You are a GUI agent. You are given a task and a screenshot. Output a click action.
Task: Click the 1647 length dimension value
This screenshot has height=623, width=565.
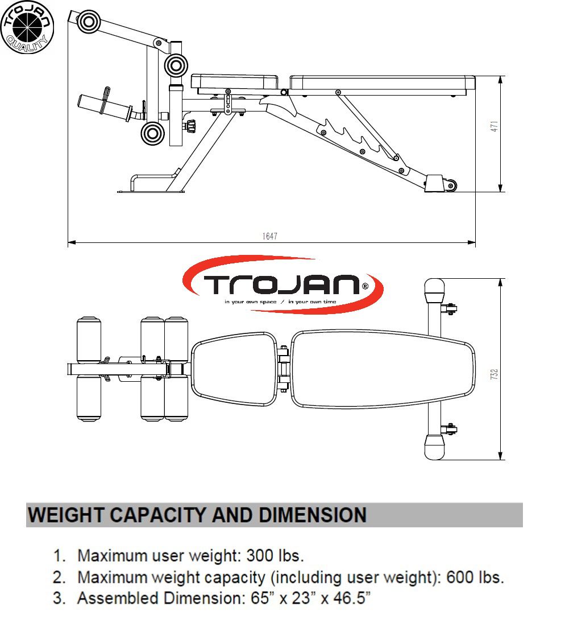pyautogui.click(x=270, y=236)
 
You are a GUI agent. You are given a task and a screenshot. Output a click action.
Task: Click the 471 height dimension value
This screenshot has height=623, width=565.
pyautogui.click(x=495, y=126)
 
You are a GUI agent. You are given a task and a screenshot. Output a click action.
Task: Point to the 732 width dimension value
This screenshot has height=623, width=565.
pyautogui.click(x=495, y=374)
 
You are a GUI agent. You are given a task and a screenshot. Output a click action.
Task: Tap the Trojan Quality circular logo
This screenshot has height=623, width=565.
pyautogui.click(x=27, y=27)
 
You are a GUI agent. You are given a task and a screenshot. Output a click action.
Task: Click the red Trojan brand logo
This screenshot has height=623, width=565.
pyautogui.click(x=282, y=284)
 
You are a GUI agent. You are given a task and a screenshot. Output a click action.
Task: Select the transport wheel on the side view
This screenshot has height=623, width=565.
pyautogui.click(x=452, y=184)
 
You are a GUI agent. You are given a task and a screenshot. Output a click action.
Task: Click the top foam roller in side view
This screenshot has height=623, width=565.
pyautogui.click(x=88, y=22)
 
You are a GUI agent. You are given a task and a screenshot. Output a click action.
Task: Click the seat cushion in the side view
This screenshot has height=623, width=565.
pyautogui.click(x=235, y=83)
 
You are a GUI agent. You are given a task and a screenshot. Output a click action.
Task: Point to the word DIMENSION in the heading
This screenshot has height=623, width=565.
pyautogui.click(x=312, y=515)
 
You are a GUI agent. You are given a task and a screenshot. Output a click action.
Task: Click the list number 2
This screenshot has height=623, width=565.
pyautogui.click(x=59, y=577)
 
